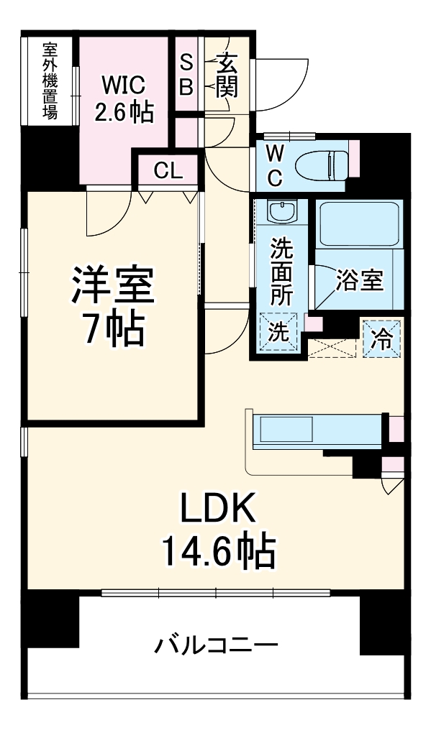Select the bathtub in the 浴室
358,224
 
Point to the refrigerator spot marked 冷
382,339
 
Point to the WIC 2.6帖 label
124,98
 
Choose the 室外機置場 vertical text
50,80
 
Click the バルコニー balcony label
216,646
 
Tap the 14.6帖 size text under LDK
217,551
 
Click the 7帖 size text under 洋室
112,329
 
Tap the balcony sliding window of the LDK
216,593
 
